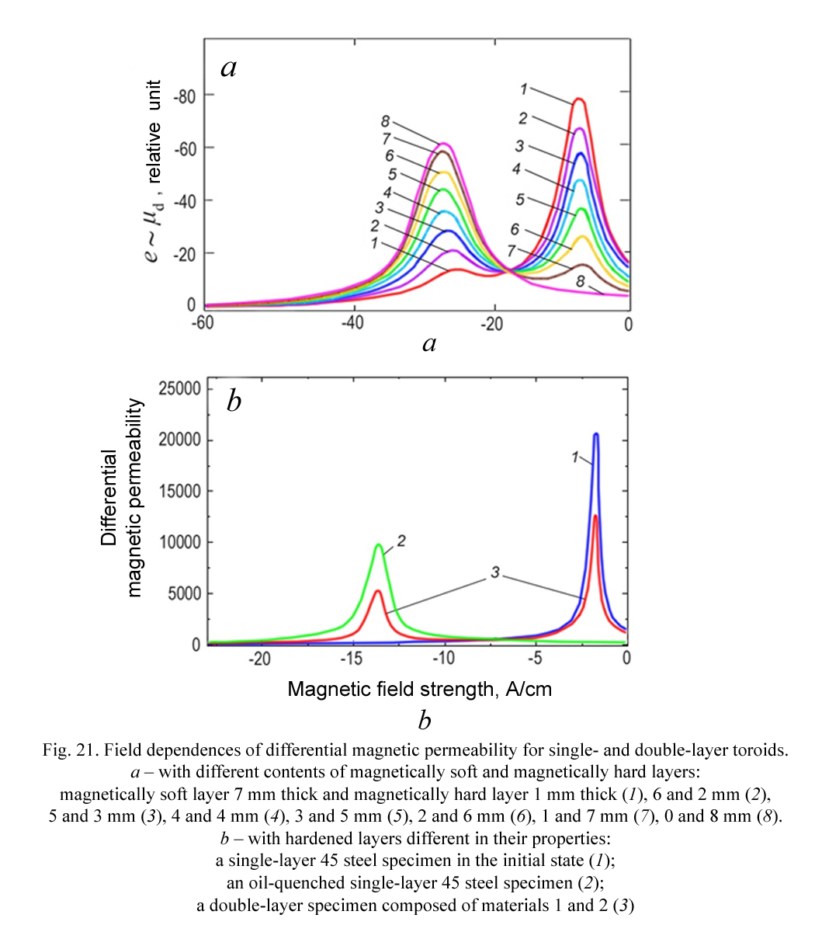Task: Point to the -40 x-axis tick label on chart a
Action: click(x=353, y=323)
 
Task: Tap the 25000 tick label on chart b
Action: click(x=180, y=388)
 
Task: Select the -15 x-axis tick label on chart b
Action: click(x=352, y=658)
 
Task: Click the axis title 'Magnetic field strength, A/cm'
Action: click(x=420, y=689)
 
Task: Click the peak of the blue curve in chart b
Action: click(x=596, y=434)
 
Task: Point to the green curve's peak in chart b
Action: click(x=378, y=544)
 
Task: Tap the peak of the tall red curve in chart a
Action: click(x=579, y=99)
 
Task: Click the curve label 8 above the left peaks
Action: click(x=386, y=121)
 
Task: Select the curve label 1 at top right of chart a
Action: click(x=524, y=89)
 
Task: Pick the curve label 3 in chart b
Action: click(x=495, y=572)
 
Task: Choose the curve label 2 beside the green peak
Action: click(x=401, y=541)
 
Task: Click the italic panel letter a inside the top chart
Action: click(x=229, y=68)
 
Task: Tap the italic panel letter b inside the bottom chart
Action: click(x=234, y=401)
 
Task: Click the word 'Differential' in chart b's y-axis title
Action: click(x=109, y=498)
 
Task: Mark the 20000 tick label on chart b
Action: click(x=180, y=440)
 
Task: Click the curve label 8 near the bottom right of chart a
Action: click(x=580, y=281)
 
